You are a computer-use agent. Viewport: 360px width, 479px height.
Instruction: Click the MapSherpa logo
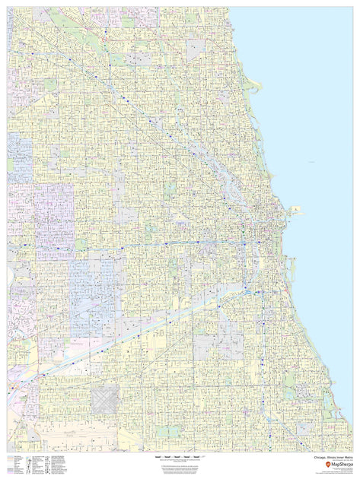pyautogui.click(x=332, y=463)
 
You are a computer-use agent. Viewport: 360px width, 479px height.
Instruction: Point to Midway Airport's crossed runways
pyautogui.click(x=105, y=398)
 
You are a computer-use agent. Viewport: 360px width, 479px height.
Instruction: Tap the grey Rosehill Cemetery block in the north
pyautogui.click(x=196, y=49)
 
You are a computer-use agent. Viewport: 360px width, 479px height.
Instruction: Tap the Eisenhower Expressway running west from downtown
pyautogui.click(x=152, y=246)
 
